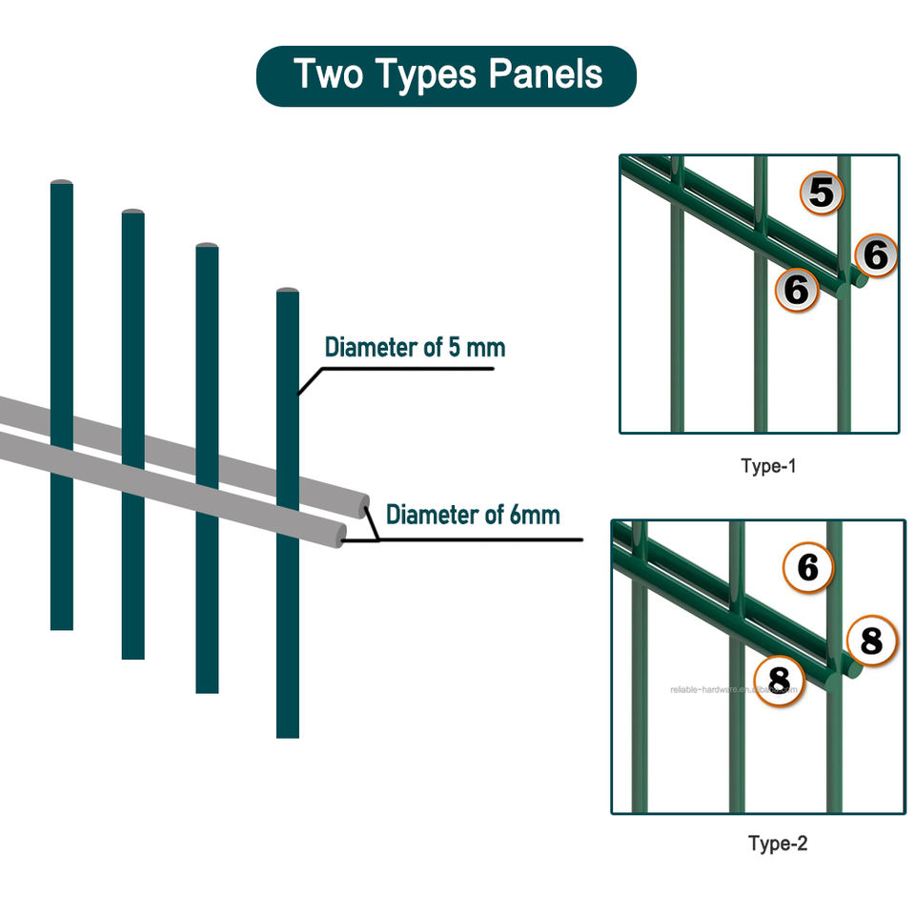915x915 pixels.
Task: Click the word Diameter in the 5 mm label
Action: point(371,347)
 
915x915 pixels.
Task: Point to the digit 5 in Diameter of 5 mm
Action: point(456,347)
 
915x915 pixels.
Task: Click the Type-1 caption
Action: point(767,466)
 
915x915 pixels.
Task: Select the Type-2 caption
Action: point(778,843)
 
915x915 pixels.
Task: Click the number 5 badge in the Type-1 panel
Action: point(822,193)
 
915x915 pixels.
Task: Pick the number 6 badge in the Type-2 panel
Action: point(808,568)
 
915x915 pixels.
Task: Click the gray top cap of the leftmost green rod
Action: point(61,181)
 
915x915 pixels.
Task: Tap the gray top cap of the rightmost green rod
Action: point(288,290)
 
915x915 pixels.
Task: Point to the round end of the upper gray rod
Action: point(361,505)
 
